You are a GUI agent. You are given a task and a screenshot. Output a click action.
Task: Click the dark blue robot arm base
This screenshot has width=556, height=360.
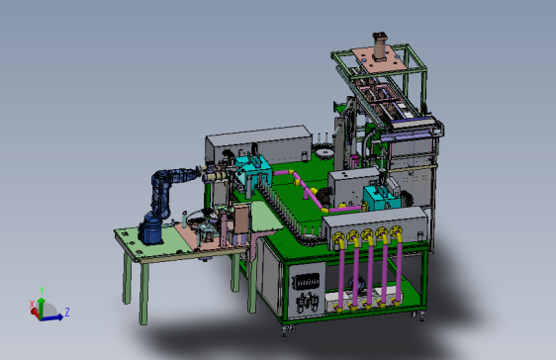pyautogui.click(x=151, y=231)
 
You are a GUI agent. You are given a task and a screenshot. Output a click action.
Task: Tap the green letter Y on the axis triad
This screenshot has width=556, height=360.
pyautogui.click(x=42, y=291)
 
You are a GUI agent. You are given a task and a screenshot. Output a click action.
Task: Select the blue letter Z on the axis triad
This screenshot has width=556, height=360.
pyautogui.click(x=67, y=312)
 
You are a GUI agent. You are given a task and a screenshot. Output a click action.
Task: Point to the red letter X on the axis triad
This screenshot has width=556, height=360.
pyautogui.click(x=32, y=305)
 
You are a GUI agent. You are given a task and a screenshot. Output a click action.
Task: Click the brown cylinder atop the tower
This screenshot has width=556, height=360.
pyautogui.click(x=380, y=46)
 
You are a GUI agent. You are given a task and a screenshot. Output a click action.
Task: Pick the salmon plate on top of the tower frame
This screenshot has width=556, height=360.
pyautogui.click(x=379, y=58)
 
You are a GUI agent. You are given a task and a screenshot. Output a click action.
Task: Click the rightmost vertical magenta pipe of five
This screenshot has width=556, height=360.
pyautogui.click(x=399, y=270)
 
